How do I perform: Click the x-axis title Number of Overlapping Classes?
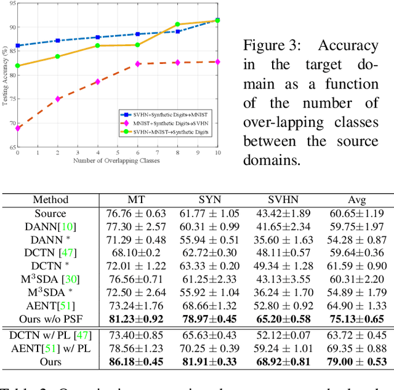coord(117,161)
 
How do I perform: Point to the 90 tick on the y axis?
coord(12,27)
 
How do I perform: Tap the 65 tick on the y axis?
coord(12,148)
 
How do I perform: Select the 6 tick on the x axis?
coord(137,153)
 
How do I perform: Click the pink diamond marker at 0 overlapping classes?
coord(18,128)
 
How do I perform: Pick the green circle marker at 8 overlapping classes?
coord(177,25)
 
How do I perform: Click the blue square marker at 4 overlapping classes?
coord(97,38)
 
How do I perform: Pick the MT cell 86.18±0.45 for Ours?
coord(137,362)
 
